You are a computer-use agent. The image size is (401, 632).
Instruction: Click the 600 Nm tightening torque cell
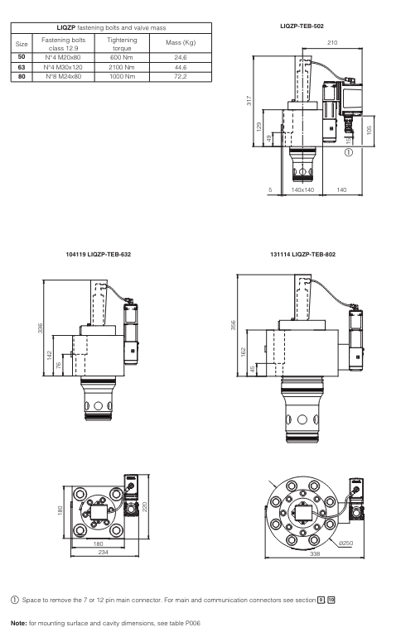122,57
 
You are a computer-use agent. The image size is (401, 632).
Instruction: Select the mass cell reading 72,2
181,76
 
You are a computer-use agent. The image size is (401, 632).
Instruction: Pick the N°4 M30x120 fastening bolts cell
64,67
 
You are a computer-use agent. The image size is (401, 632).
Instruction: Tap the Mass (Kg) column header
181,42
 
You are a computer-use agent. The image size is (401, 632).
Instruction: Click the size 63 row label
22,67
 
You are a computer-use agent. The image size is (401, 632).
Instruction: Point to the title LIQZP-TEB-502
302,26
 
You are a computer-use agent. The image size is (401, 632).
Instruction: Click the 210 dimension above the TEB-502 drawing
332,42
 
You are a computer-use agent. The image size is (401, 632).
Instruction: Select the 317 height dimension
249,100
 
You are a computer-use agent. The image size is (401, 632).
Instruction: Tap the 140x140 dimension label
302,189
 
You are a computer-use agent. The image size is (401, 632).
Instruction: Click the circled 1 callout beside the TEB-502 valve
349,152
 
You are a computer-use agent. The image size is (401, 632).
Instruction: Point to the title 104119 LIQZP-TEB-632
99,254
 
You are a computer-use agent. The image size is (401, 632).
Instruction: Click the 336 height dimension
40,328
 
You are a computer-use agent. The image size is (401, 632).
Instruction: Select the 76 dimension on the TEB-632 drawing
59,366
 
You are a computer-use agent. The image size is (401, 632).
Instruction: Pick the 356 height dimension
233,325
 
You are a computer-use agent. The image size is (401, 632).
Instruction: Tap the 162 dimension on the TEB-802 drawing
243,352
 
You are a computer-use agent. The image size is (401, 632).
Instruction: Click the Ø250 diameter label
345,543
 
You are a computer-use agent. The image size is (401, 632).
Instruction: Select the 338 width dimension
315,553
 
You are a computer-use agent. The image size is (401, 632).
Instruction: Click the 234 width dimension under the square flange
104,553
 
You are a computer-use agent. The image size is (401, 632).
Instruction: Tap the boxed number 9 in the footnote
321,601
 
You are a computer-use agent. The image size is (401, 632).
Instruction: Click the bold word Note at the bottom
19,623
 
